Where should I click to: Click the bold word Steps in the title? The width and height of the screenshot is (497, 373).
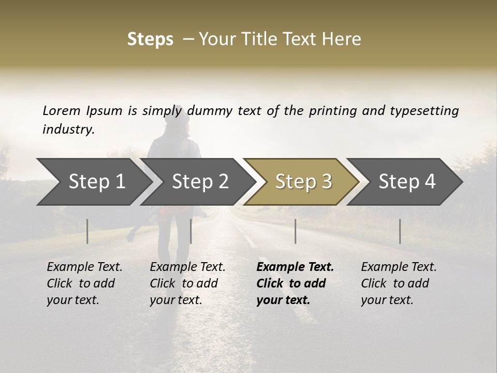coord(150,39)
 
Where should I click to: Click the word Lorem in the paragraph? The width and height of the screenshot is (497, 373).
coord(61,111)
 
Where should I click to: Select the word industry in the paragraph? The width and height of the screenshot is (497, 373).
coord(68,130)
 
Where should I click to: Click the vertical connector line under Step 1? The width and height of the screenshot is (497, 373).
coord(87,231)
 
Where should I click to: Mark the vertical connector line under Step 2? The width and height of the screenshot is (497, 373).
coord(191,231)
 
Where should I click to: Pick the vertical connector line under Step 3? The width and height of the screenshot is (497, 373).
coord(296,231)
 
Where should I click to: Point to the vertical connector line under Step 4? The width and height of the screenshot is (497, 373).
coord(400,231)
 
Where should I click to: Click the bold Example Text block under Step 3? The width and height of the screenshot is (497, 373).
coord(295,283)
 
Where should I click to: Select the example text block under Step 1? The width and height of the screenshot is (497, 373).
coord(84,283)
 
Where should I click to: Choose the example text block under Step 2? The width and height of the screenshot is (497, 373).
coord(187,283)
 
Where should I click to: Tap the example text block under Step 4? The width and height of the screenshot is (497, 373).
coord(399,283)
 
